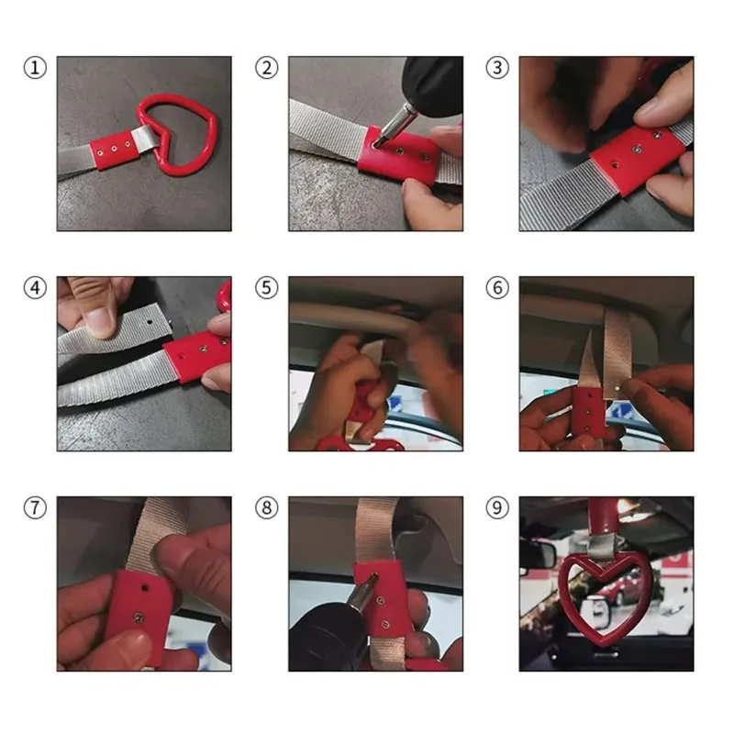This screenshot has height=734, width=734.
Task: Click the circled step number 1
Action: pos(35,68)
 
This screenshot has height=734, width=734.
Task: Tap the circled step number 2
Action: pos(266,68)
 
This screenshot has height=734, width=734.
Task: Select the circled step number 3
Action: pos(497,68)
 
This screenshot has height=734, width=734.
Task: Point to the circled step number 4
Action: pos(35,288)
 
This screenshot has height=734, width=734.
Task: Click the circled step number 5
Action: pos(266,288)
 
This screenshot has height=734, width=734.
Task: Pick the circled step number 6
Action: pos(497,288)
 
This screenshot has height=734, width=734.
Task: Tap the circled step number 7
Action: pos(35,508)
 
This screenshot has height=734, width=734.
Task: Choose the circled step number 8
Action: pos(266,508)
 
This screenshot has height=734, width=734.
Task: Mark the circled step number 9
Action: pos(497,508)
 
